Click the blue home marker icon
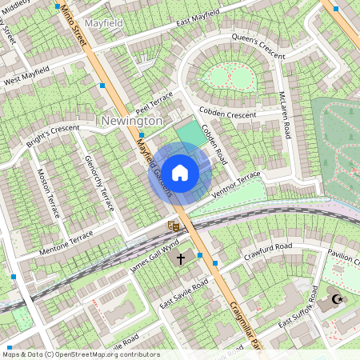180,173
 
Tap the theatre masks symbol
172,226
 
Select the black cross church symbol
181,259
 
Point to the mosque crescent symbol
335,299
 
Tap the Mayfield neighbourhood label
103,23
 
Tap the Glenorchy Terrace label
99,182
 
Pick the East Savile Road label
183,294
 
